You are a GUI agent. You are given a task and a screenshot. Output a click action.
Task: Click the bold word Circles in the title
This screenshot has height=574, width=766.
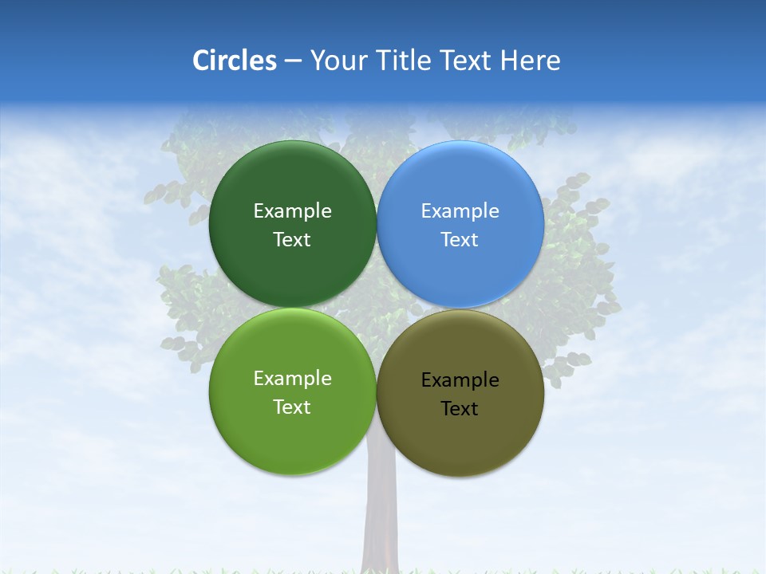234,61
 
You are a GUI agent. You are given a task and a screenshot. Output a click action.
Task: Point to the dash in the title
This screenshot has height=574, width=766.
293,61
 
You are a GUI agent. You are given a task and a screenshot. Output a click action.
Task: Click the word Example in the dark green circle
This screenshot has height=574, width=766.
292,211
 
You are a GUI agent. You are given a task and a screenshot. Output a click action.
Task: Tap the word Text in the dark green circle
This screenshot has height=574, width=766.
292,240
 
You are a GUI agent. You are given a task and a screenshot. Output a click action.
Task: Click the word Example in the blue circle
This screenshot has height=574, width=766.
460,211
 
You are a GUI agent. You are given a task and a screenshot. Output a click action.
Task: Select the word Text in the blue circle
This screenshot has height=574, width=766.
460,240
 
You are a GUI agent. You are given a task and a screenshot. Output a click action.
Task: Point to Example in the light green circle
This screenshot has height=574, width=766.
292,379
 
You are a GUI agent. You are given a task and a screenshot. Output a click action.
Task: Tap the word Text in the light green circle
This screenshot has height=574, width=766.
292,407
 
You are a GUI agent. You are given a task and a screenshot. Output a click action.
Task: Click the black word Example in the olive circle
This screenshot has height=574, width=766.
460,380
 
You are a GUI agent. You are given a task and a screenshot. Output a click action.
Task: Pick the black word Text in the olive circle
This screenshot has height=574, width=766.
460,409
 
